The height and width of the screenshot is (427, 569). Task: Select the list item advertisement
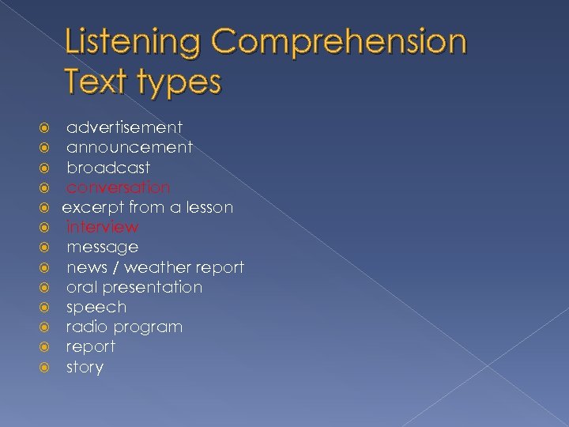coord(124,127)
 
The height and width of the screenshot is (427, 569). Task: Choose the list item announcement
coord(129,147)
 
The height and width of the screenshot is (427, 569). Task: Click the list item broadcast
coord(107,168)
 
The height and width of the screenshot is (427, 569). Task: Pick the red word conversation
coord(118,187)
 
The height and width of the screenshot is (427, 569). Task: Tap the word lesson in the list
coord(208,207)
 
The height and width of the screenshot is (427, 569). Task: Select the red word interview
coord(103,227)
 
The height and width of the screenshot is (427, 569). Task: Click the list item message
coord(102,248)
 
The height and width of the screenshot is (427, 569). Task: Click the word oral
coord(80,287)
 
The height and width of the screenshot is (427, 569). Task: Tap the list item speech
coord(96,308)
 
